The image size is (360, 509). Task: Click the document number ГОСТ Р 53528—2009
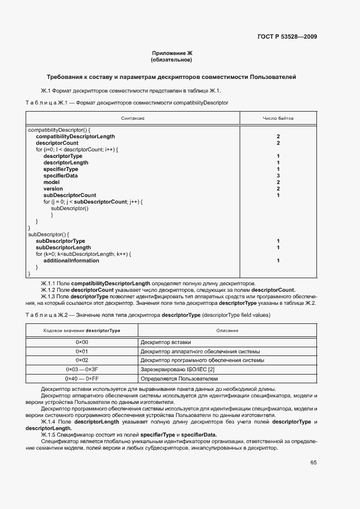coord(287,37)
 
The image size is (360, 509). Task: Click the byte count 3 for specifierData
coord(278,176)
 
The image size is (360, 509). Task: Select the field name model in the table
coord(51,182)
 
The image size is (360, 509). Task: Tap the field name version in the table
coord(53,189)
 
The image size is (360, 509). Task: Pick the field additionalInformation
coord(71,260)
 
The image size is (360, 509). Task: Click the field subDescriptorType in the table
coord(60,241)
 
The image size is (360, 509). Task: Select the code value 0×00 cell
coord(82,342)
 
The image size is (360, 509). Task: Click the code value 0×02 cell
coord(82,360)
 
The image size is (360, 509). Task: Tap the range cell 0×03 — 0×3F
coord(82,369)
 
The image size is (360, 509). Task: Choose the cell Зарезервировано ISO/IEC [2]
coord(177,369)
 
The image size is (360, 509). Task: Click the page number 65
coord(313,463)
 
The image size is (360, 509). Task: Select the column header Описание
coord(227,330)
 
